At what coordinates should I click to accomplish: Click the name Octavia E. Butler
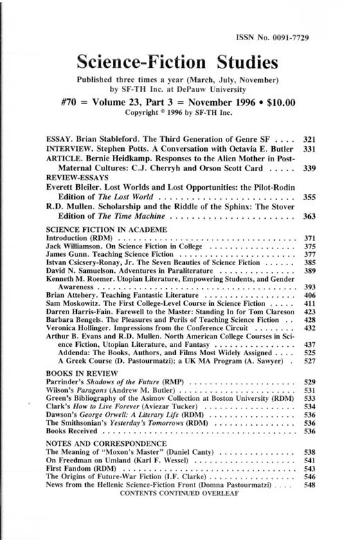260,148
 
